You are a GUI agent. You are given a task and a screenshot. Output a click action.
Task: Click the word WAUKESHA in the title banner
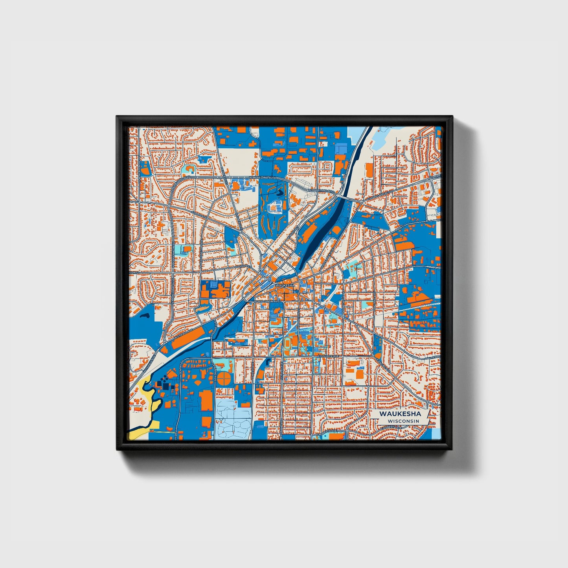click(400, 414)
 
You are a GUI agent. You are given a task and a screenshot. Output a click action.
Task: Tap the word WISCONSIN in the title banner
click(403, 421)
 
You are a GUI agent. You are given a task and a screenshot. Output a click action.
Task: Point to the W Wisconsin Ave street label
click(267, 301)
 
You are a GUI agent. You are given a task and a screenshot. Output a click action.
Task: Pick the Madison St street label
click(243, 267)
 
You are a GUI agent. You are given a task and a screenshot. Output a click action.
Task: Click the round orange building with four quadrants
click(224, 378)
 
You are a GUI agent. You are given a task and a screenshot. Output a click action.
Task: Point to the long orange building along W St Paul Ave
click(188, 339)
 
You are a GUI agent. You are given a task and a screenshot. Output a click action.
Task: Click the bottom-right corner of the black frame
click(452, 449)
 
